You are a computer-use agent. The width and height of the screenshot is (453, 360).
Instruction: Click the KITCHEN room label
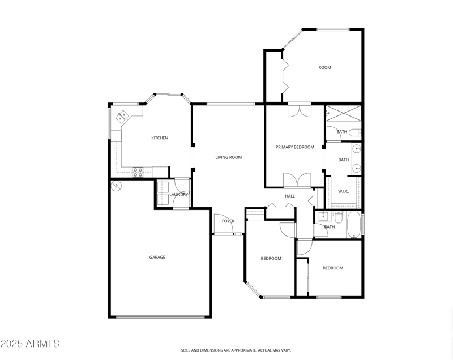(159, 138)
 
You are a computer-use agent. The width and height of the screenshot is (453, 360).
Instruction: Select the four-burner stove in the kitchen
(138, 172)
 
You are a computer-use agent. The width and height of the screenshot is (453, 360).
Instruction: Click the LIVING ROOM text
(229, 157)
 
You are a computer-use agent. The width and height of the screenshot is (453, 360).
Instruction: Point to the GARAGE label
(157, 258)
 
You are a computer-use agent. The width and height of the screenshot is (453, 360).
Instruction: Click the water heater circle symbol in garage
(116, 185)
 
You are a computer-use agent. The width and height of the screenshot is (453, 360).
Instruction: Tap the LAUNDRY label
(178, 195)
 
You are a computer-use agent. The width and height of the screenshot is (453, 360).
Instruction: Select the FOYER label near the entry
(228, 221)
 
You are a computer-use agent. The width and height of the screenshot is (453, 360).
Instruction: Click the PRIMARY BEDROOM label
(294, 147)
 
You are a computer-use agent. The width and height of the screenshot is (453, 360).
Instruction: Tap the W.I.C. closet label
(344, 191)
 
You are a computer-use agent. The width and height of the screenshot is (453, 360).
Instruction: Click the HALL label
(290, 196)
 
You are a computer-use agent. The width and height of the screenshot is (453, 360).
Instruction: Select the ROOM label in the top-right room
(324, 68)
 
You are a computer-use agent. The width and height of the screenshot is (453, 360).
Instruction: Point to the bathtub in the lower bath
(354, 225)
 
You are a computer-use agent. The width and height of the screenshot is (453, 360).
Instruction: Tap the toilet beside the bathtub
(337, 217)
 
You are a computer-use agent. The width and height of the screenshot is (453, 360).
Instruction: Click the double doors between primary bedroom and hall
(297, 181)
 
